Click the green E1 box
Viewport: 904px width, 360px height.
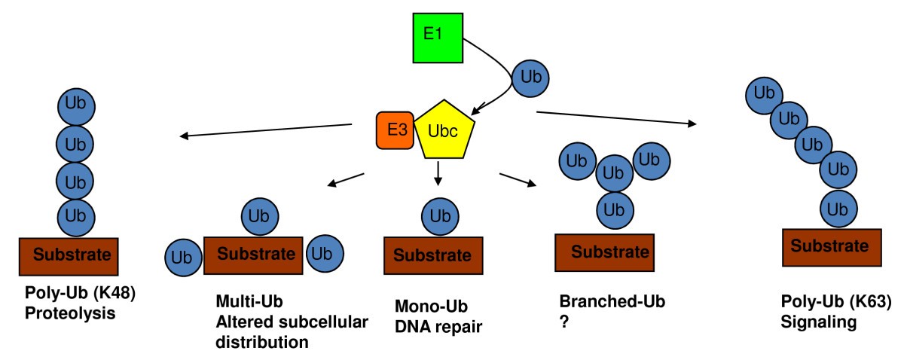click(437, 37)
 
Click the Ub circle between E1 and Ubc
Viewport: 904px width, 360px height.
click(530, 78)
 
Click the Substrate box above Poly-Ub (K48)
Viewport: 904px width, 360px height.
click(75, 253)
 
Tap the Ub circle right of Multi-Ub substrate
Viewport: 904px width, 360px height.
click(325, 252)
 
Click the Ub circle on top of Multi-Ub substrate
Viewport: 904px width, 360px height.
click(260, 217)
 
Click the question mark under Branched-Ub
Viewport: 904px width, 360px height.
click(563, 322)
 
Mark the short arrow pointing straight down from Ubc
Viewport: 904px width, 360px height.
click(438, 175)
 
